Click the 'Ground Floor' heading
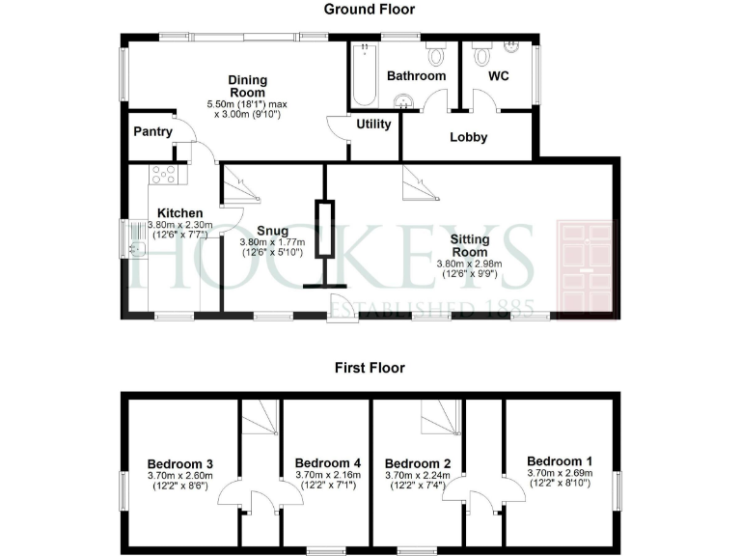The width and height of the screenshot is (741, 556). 370,10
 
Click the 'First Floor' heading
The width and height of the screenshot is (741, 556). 370,368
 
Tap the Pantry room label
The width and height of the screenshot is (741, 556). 153,132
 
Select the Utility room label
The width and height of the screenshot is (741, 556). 373,125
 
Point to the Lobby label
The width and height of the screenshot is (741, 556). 469,137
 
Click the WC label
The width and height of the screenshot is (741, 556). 499,74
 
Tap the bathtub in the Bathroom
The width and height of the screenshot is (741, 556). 365,75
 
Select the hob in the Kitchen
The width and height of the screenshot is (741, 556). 164,175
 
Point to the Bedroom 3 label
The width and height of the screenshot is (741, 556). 179,464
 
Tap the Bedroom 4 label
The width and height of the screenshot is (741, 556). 326,461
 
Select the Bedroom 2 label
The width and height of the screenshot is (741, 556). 416,461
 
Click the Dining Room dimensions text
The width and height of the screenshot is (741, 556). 247,109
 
